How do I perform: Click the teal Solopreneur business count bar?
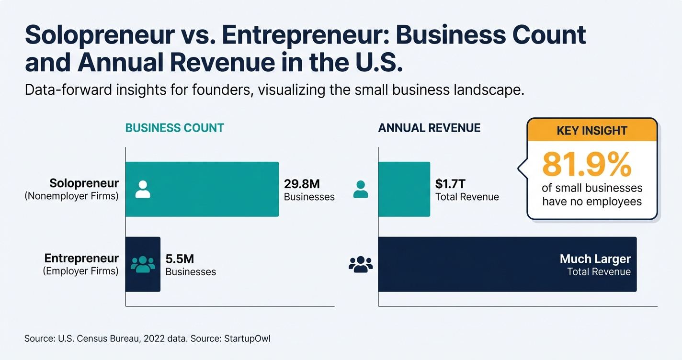pyautogui.click(x=211, y=189)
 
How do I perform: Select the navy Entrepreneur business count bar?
pyautogui.click(x=143, y=264)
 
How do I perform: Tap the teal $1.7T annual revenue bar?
pyautogui.click(x=404, y=189)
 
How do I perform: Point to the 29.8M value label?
pyautogui.click(x=302, y=183)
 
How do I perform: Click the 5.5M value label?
pyautogui.click(x=180, y=259)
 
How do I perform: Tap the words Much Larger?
pyautogui.click(x=595, y=259)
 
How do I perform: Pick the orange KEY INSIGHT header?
pyautogui.click(x=592, y=130)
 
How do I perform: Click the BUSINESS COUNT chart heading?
pyautogui.click(x=174, y=128)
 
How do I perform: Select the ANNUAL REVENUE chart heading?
pyautogui.click(x=429, y=128)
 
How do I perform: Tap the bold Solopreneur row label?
pyautogui.click(x=84, y=183)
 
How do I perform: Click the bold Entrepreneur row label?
pyautogui.click(x=81, y=259)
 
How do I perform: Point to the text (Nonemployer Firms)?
pyautogui.click(x=71, y=196)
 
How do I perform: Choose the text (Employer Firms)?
pyautogui.click(x=80, y=271)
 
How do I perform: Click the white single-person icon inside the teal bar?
pyautogui.click(x=143, y=189)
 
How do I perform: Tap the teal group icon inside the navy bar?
pyautogui.click(x=143, y=264)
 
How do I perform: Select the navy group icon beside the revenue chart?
pyautogui.click(x=361, y=264)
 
